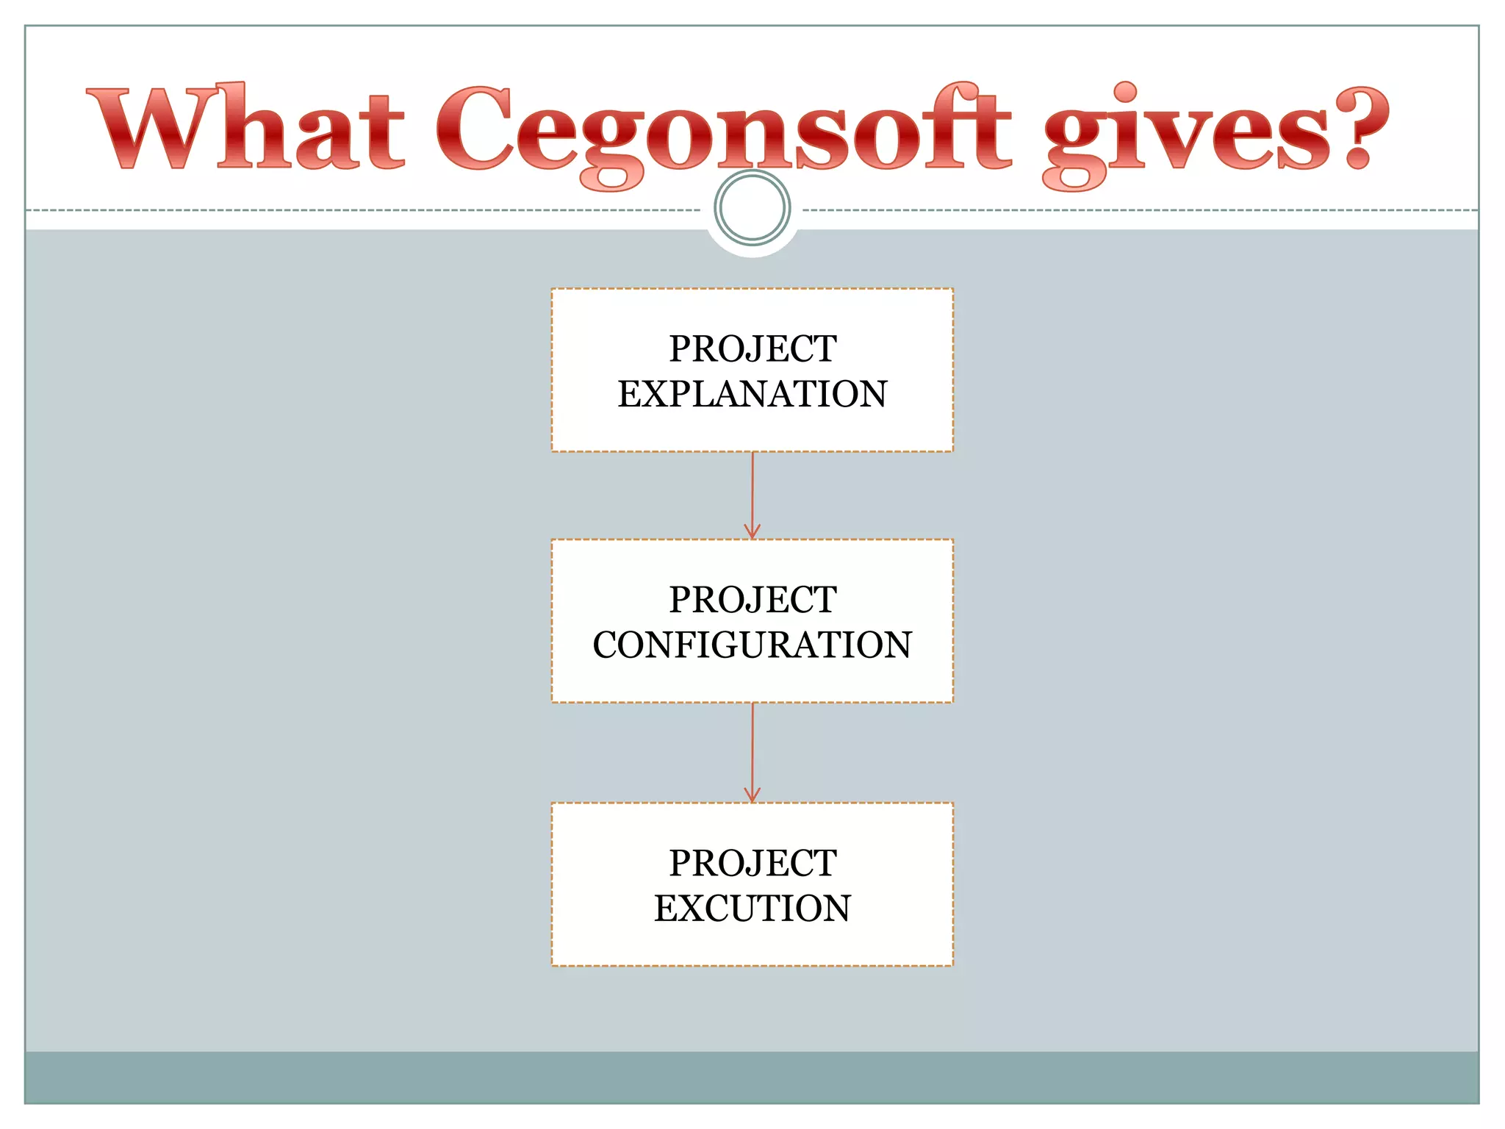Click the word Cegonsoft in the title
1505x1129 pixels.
pyautogui.click(x=724, y=132)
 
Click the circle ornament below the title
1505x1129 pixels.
pyautogui.click(x=752, y=208)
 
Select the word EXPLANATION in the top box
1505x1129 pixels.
pyautogui.click(x=752, y=394)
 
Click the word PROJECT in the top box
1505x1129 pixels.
pyautogui.click(x=752, y=348)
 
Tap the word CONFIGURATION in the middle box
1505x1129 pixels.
pyautogui.click(x=752, y=645)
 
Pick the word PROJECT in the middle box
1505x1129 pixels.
pyautogui.click(x=752, y=599)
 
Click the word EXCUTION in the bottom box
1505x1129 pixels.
pyautogui.click(x=752, y=908)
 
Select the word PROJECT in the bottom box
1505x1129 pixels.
pyautogui.click(x=752, y=862)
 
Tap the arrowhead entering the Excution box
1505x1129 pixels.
pyautogui.click(x=752, y=795)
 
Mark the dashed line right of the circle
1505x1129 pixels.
pyautogui.click(x=1139, y=210)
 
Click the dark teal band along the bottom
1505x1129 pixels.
pyautogui.click(x=752, y=1077)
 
